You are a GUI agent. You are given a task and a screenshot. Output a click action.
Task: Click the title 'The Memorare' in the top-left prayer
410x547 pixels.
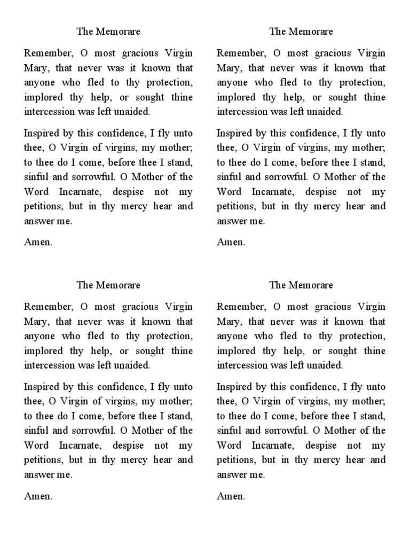[x=108, y=32]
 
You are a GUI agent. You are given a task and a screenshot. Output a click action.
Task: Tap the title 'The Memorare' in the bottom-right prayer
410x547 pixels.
[x=301, y=285]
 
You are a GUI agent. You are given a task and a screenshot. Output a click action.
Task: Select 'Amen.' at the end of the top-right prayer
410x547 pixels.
[x=231, y=242]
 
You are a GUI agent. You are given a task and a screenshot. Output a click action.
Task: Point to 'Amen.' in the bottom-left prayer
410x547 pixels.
[x=38, y=496]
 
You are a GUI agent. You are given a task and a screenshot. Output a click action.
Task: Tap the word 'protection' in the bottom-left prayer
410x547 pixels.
[x=169, y=337]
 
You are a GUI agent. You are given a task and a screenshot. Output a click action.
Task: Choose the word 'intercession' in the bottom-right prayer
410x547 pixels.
[x=242, y=365]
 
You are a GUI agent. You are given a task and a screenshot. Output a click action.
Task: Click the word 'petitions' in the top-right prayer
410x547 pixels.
[x=235, y=206]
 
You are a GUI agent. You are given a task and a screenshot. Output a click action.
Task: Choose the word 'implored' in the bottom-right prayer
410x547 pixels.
[x=235, y=351]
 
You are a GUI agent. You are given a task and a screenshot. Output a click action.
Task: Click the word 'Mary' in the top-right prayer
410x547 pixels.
[x=228, y=68]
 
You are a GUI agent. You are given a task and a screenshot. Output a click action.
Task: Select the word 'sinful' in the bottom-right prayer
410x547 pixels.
[x=228, y=431]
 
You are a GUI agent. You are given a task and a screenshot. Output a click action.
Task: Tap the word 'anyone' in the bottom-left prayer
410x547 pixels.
[x=39, y=337]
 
